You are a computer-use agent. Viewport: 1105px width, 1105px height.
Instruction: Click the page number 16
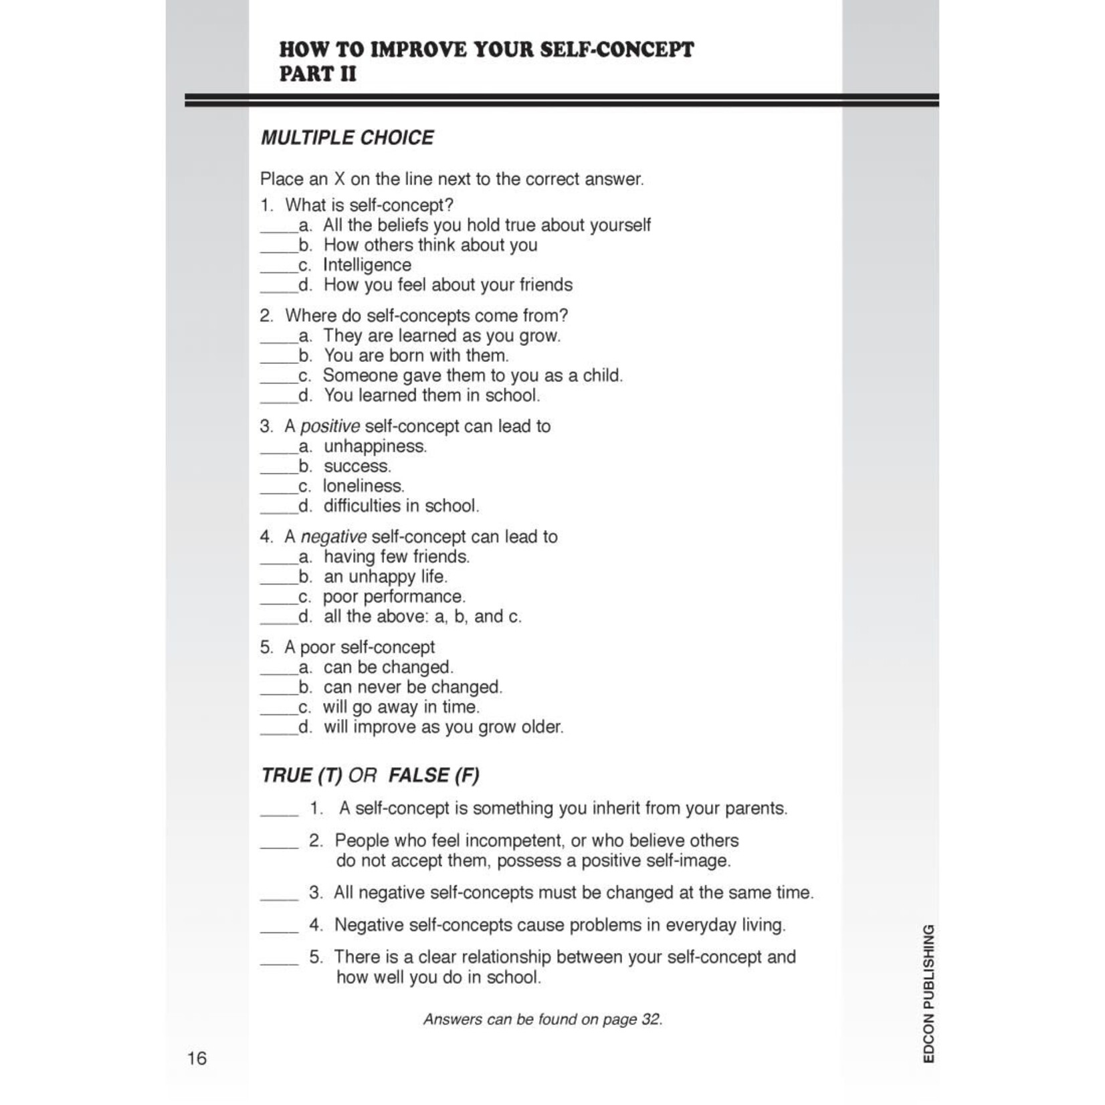pos(197,1058)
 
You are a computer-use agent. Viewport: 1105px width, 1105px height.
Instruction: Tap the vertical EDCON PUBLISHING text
pos(928,993)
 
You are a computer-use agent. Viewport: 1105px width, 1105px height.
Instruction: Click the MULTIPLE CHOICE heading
pos(347,138)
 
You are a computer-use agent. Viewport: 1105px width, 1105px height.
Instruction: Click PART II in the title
pos(318,74)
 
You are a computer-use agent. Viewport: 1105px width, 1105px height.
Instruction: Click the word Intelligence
pos(367,265)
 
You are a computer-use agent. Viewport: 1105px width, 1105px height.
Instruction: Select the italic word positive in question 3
pos(330,426)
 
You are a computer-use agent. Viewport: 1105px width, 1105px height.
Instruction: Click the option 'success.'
pos(357,466)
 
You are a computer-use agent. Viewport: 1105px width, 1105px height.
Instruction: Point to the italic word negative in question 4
pos(333,536)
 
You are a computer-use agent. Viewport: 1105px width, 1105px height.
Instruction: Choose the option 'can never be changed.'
pos(412,687)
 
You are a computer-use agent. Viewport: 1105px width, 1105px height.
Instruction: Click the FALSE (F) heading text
pos(433,775)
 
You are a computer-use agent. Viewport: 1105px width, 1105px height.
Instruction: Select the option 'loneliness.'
pos(363,486)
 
